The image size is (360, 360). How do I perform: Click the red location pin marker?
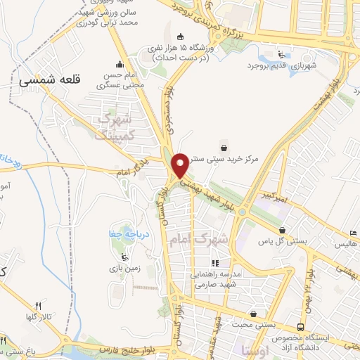(x=181, y=165)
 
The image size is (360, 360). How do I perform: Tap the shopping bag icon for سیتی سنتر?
(x=224, y=147)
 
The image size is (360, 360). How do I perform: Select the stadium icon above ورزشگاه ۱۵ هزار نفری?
(x=181, y=37)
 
